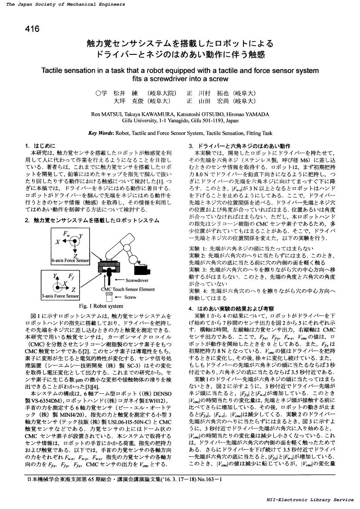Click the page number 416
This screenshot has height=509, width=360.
(x=33, y=30)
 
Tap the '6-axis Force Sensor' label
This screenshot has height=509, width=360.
(x=70, y=261)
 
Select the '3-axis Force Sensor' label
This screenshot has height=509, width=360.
(x=61, y=296)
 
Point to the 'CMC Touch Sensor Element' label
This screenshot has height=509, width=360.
(x=128, y=289)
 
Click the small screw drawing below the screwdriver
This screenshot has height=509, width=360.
(x=109, y=298)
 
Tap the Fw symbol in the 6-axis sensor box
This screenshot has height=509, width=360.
(x=67, y=235)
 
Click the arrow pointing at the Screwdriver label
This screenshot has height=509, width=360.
(x=118, y=281)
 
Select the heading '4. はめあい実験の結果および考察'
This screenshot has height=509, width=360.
(x=227, y=308)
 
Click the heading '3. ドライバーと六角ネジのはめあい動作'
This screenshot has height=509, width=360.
(x=239, y=146)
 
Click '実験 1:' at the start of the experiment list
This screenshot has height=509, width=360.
(x=198, y=248)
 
